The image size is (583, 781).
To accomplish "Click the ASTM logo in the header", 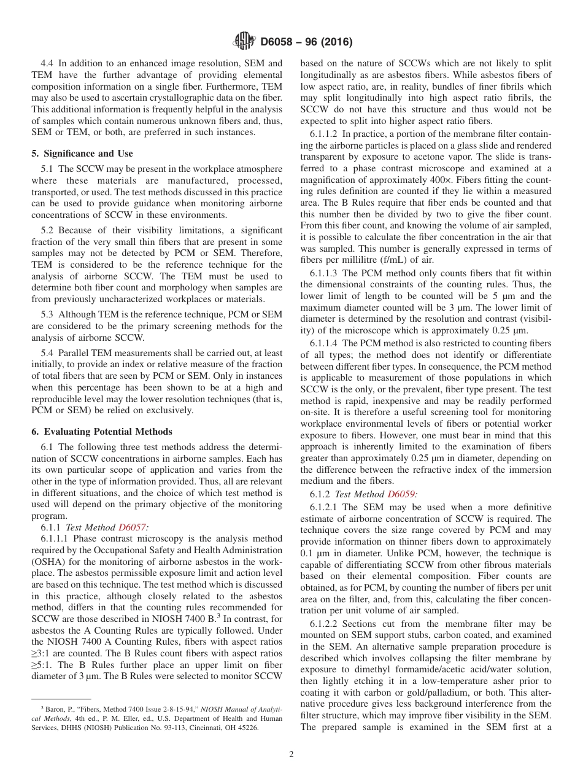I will click(245, 42).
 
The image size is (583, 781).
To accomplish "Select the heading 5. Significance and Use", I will click(82, 153).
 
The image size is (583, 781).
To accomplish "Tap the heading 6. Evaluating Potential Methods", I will click(101, 432).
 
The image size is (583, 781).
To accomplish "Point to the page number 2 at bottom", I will click(291, 755).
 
